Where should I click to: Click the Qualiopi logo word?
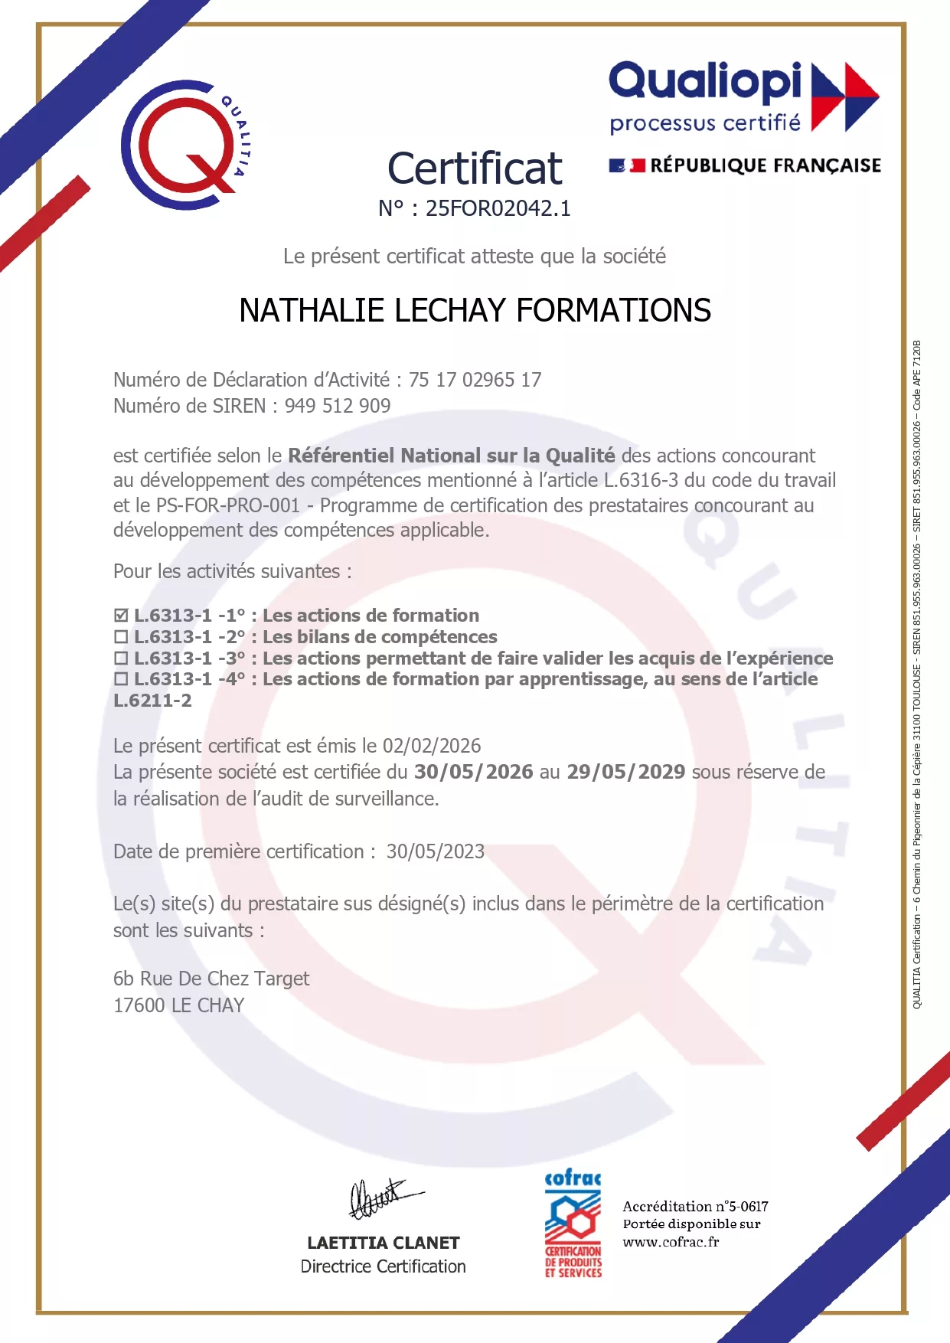pyautogui.click(x=705, y=81)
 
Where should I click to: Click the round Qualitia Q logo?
pyautogui.click(x=185, y=145)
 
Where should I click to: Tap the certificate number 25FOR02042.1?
pyautogui.click(x=498, y=208)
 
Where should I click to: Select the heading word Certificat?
pyautogui.click(x=475, y=168)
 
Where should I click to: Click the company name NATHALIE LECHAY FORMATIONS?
pyautogui.click(x=475, y=311)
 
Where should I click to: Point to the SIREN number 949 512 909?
pyautogui.click(x=338, y=406)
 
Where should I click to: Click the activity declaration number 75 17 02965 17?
pyautogui.click(x=475, y=380)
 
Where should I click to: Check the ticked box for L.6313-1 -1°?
pyautogui.click(x=121, y=616)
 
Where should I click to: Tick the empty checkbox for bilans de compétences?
pyautogui.click(x=121, y=637)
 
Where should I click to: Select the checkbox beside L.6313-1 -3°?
pyautogui.click(x=121, y=658)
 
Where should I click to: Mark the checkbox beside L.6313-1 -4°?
pyautogui.click(x=121, y=679)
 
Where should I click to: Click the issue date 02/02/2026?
pyautogui.click(x=432, y=746)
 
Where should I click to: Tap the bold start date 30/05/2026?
pyautogui.click(x=473, y=772)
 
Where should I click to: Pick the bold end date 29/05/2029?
pyautogui.click(x=625, y=772)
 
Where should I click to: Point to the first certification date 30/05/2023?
pyautogui.click(x=435, y=851)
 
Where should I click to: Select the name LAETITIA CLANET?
pyautogui.click(x=383, y=1243)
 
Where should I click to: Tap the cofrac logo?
pyautogui.click(x=573, y=1224)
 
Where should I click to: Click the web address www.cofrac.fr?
pyautogui.click(x=671, y=1242)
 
